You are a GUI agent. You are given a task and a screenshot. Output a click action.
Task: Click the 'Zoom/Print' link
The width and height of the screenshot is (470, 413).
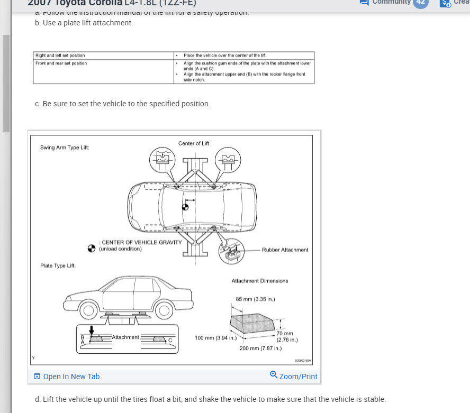coord(294,376)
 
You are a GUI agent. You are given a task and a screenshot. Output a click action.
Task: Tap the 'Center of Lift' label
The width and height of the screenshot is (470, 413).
coord(194,143)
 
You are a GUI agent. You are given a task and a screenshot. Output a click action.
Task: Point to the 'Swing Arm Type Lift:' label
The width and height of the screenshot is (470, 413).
coord(65,147)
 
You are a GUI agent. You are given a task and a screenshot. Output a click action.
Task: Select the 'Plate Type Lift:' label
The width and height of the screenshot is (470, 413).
coord(58,265)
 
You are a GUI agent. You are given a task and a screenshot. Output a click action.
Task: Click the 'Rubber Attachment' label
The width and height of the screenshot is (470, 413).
coord(285,250)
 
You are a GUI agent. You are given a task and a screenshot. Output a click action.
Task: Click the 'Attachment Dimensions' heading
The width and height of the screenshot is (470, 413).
coord(260,281)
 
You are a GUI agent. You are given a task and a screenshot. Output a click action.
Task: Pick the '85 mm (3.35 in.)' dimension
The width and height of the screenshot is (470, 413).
coord(255,299)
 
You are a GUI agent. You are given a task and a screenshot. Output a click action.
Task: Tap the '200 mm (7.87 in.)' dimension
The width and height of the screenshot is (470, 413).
coord(260,348)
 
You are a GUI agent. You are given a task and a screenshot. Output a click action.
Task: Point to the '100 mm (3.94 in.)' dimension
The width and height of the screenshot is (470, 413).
coord(215,337)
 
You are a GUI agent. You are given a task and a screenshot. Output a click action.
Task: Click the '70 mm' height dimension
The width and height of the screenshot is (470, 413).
coord(285,334)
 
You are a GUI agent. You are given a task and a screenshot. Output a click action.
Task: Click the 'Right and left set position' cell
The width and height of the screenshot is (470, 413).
coord(60,56)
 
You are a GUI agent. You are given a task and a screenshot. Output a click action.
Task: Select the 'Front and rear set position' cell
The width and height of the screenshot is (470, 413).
coord(61,63)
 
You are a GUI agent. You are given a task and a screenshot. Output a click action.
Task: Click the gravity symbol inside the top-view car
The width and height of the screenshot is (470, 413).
coord(185,207)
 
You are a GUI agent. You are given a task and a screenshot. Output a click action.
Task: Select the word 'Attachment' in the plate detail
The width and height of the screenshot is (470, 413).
coord(125,337)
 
